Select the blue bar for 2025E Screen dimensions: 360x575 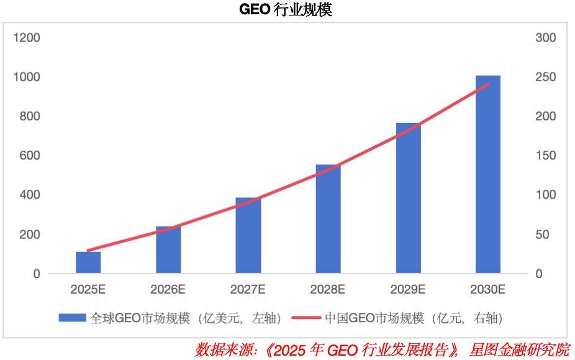click(x=88, y=263)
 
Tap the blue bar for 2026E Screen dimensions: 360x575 click(x=168, y=250)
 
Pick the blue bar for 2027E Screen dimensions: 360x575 click(x=248, y=236)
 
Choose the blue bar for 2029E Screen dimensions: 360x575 click(x=408, y=199)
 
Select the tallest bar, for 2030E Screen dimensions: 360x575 click(x=488, y=174)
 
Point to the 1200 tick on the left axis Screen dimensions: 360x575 click(x=27, y=38)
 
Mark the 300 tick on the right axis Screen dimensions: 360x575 click(x=545, y=38)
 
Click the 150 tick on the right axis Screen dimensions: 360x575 click(x=545, y=156)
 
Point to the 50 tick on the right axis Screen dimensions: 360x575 click(x=543, y=235)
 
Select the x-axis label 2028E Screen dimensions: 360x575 click(x=328, y=289)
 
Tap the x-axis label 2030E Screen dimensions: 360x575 click(x=488, y=289)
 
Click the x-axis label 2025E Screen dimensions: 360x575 click(x=88, y=289)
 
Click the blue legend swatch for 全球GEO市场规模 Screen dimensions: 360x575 click(x=72, y=318)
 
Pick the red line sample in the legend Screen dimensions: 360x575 click(x=306, y=318)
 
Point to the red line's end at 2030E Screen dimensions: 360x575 click(x=488, y=84)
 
